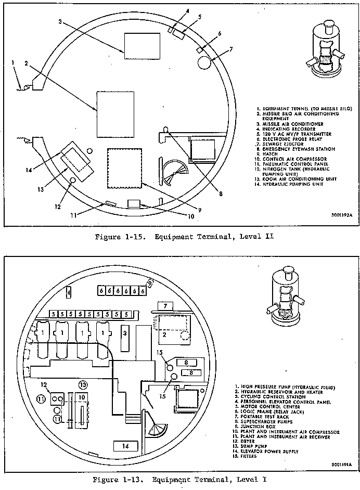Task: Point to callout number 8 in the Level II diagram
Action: click(x=221, y=194)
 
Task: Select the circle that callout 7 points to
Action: click(x=205, y=63)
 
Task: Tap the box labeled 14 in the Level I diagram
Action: click(x=125, y=445)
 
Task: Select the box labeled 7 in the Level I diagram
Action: click(x=165, y=305)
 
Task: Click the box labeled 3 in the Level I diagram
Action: click(x=125, y=332)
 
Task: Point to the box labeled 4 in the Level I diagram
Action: click(x=69, y=292)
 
